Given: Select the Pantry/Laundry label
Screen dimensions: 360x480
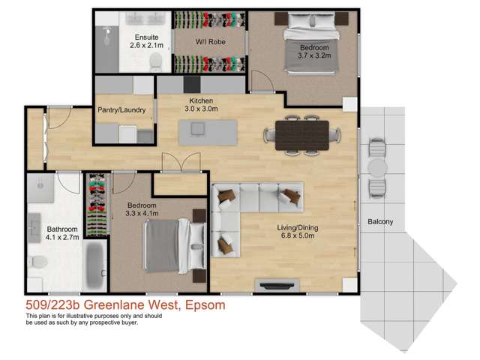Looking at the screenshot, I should tap(123, 109).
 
